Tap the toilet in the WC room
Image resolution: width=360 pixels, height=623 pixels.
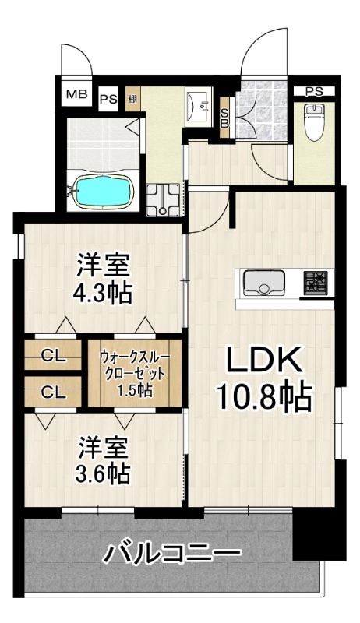314,121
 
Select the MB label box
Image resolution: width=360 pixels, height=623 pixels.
76,95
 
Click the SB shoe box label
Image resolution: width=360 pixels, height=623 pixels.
224,118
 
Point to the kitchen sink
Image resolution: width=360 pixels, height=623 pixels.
264,283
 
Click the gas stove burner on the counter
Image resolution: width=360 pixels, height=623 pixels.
316,283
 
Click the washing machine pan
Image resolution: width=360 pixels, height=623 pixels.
164,200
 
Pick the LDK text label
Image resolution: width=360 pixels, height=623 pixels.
263,360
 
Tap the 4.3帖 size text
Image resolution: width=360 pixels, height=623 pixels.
102,293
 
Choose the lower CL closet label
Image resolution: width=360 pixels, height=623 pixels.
54,393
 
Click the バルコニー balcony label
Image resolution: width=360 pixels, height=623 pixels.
172,553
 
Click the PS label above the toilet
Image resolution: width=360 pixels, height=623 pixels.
314,91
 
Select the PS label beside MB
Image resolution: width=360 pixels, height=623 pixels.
108,99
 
